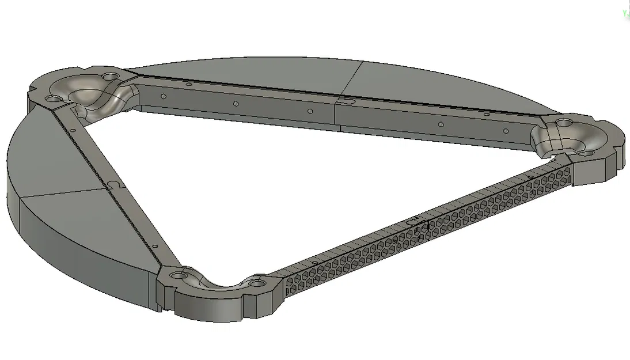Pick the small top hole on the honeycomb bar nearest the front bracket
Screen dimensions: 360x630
[x=313, y=263]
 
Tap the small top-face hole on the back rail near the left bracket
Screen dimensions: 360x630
[x=188, y=84]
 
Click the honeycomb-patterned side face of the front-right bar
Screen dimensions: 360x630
[x=403, y=242]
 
